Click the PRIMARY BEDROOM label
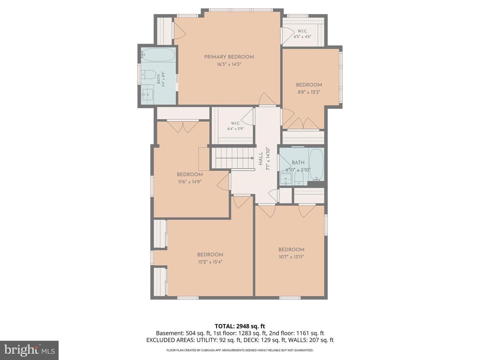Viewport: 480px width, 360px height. [229, 57]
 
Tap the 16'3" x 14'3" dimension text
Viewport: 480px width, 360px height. [229, 64]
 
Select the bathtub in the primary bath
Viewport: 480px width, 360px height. [158, 55]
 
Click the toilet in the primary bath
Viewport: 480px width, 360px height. [148, 75]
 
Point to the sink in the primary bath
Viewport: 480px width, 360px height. [148, 94]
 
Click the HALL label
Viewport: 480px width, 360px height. [260, 159]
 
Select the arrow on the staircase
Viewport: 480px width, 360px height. [234, 158]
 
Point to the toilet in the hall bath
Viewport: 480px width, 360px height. [299, 178]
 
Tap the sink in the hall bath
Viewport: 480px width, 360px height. [286, 179]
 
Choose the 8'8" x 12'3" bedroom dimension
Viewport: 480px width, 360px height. [309, 92]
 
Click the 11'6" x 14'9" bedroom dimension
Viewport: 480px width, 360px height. [190, 182]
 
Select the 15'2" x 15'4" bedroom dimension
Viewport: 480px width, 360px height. [210, 262]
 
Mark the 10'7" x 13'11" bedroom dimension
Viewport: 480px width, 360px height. [291, 257]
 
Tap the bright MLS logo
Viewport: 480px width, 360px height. [29, 350]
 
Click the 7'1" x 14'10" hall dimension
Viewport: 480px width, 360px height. [268, 159]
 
